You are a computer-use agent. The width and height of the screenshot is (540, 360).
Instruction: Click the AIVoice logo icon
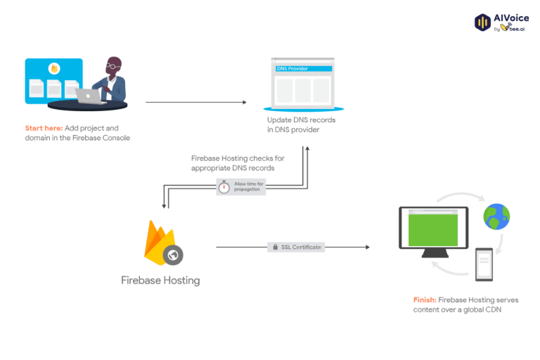click(x=483, y=22)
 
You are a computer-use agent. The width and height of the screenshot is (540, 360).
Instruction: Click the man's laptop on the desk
click(x=89, y=96)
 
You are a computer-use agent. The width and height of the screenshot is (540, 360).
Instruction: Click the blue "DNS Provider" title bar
click(x=302, y=68)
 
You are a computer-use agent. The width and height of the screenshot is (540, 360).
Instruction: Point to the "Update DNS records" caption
click(x=301, y=120)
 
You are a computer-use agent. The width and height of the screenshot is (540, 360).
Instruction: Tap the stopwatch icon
click(x=224, y=187)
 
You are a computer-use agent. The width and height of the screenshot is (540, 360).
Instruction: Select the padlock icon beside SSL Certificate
click(x=274, y=247)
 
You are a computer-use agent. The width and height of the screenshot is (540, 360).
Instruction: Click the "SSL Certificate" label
click(x=301, y=247)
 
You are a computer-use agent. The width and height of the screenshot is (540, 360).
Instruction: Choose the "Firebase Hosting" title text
click(x=160, y=281)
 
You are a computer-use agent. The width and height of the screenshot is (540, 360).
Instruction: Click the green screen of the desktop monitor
click(x=433, y=229)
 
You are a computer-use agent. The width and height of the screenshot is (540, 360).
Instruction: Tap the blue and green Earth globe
click(x=496, y=217)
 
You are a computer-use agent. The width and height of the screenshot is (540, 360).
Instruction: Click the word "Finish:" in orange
click(x=425, y=300)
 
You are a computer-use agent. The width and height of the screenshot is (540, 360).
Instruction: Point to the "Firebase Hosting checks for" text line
click(x=238, y=158)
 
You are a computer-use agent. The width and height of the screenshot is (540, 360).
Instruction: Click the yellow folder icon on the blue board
click(x=54, y=69)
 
